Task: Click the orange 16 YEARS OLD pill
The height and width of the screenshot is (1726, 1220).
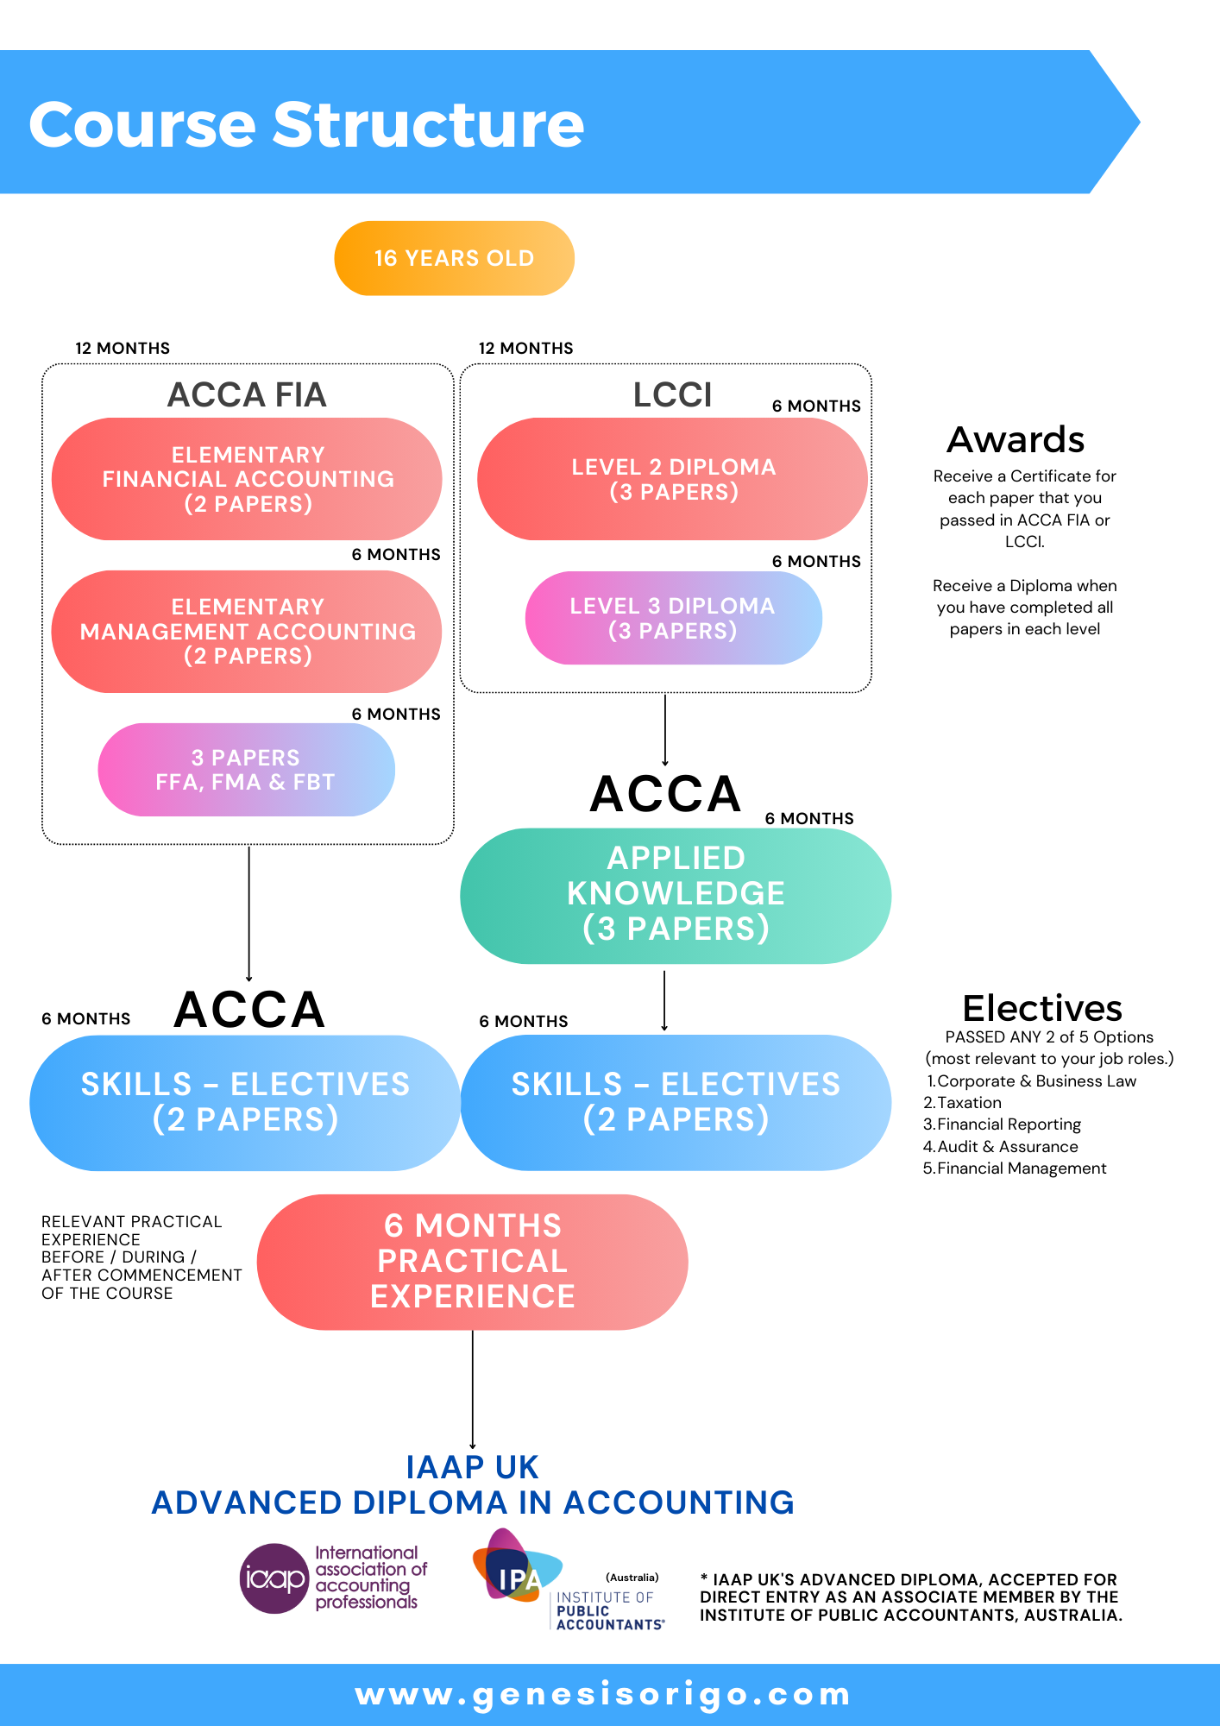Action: coord(454,258)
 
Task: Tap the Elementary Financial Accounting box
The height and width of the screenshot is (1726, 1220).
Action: coord(247,479)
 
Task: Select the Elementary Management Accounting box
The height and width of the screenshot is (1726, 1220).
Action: coord(247,632)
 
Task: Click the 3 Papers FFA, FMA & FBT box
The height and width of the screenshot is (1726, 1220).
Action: coord(246,770)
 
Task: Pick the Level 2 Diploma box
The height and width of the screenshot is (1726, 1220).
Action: coord(672,479)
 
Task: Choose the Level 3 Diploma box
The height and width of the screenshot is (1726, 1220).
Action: coord(673,618)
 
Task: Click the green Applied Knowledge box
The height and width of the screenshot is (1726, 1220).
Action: coord(676,895)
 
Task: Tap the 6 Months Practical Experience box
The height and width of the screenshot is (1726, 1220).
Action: coord(472,1262)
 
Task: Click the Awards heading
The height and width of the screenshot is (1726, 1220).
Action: coord(1016,440)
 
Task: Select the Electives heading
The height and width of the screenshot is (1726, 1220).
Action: coord(1041,1008)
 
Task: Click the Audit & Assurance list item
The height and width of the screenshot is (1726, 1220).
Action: coord(1007,1147)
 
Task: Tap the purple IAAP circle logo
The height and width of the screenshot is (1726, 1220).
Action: coord(274,1578)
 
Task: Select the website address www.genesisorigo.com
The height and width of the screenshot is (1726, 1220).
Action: coord(603,1694)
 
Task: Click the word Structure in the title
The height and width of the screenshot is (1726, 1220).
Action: coord(429,124)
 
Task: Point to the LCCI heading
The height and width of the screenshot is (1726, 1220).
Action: coord(672,395)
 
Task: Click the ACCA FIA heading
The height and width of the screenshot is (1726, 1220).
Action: coord(247,395)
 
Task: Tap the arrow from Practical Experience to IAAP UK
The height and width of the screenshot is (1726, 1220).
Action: coord(473,1389)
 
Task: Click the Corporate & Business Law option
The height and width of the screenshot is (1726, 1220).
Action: coord(1035,1081)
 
